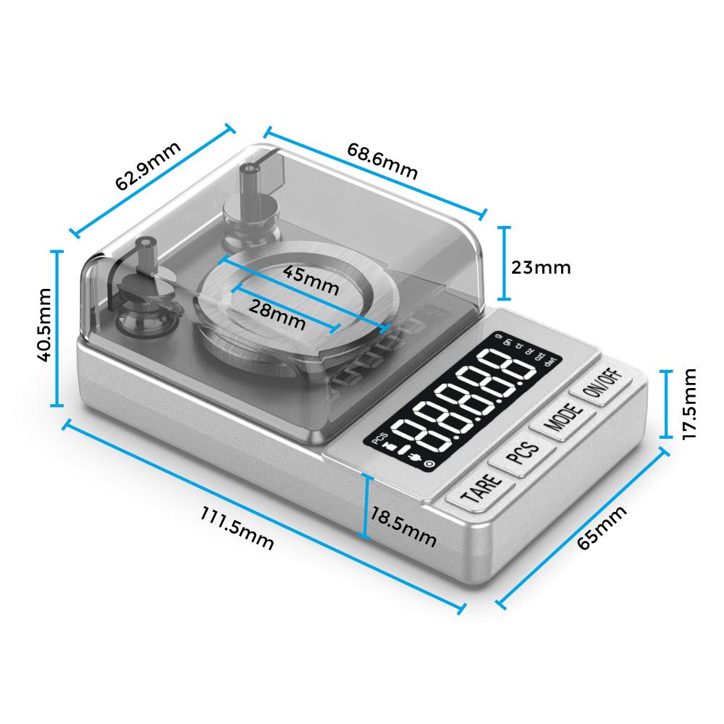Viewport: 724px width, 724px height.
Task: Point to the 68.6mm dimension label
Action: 382,161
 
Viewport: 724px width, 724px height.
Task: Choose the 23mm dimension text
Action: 540,267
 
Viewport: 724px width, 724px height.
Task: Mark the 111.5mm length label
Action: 237,527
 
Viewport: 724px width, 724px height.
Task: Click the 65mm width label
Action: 602,528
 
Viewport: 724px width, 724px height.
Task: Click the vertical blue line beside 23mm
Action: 505,262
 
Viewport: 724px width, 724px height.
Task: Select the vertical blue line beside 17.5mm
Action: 667,403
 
